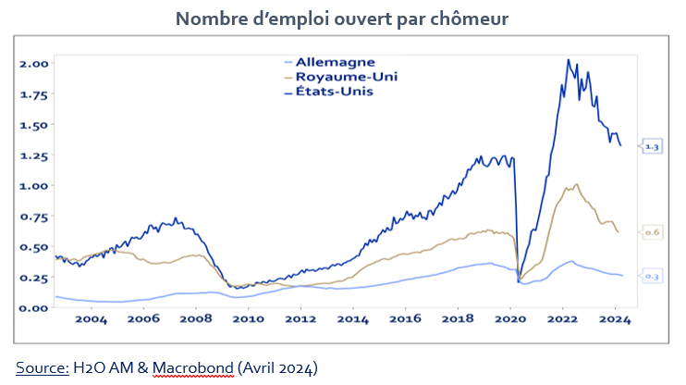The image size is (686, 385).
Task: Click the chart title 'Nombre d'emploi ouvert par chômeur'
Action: [342, 19]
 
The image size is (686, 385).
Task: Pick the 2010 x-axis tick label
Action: [248, 320]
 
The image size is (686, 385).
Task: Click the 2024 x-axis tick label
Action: [616, 320]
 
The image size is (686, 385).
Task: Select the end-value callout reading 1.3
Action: [652, 147]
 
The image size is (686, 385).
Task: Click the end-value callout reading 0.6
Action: [652, 233]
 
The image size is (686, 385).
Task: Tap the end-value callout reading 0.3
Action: [652, 277]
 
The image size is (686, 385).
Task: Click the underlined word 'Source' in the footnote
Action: [42, 367]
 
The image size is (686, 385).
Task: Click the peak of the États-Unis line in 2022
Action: [568, 60]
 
